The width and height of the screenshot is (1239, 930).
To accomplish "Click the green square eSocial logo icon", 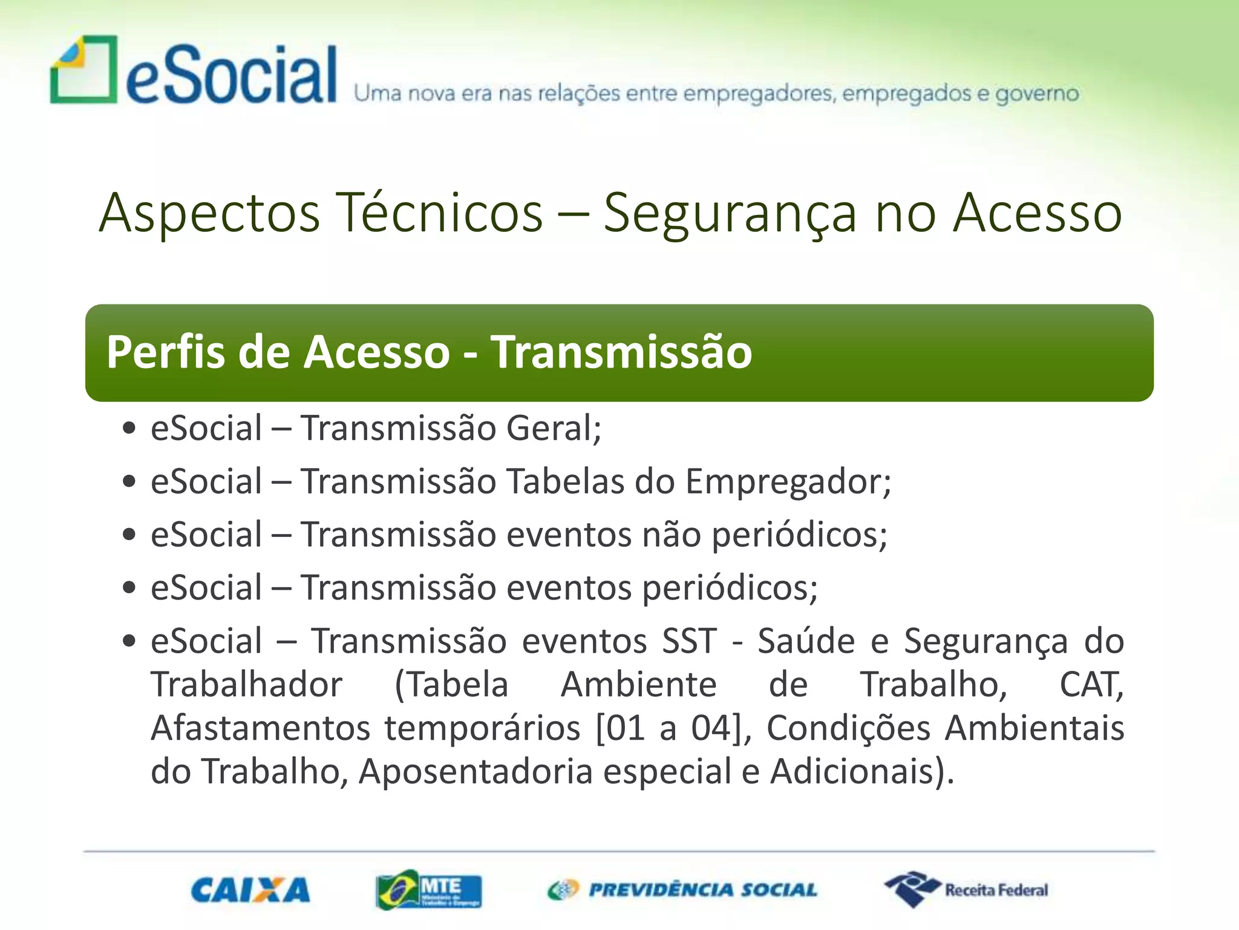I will [83, 70].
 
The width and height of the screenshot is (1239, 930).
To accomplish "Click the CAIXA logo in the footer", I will [250, 890].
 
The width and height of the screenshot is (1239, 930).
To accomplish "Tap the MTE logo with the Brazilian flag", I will [428, 890].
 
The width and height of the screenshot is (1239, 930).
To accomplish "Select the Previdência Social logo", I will [682, 890].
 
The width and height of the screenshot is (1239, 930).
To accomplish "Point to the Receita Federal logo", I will [966, 889].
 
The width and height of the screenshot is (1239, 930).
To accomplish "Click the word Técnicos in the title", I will [439, 213].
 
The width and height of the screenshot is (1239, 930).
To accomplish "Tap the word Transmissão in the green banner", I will [621, 352].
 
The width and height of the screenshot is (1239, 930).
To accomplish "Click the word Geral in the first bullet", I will [552, 429].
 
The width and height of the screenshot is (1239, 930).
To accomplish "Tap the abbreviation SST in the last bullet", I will [689, 641].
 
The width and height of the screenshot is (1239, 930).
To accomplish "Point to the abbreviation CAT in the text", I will [1090, 685].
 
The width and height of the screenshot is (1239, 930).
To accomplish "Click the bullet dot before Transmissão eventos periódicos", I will [128, 588].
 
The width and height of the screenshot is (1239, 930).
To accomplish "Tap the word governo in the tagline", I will [1037, 94].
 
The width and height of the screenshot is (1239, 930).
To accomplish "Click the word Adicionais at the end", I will [855, 772].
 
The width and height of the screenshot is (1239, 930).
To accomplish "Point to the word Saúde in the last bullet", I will [806, 641].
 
